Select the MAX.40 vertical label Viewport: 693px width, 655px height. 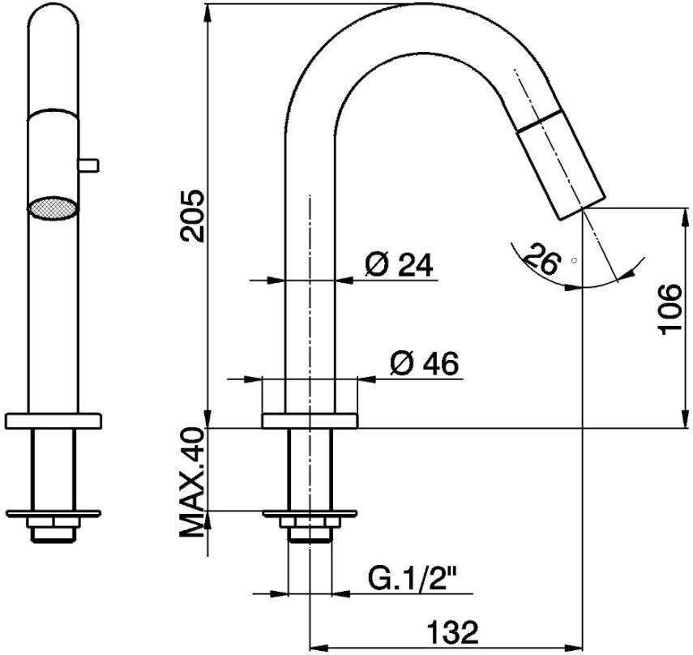[192, 483]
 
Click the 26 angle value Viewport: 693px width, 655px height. [541, 259]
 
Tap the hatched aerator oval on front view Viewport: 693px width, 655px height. [53, 207]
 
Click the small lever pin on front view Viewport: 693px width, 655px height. [88, 165]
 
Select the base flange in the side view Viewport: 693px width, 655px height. [310, 421]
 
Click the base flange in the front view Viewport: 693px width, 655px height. [53, 421]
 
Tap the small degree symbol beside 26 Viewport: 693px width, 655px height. [573, 260]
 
